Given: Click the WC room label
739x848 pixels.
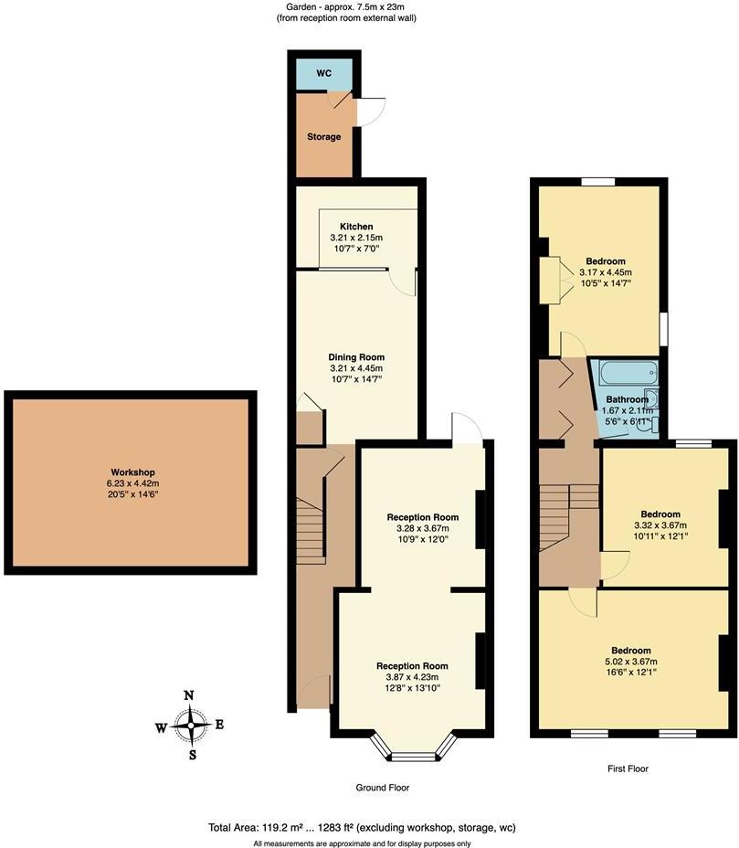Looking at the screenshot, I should pos(324,72).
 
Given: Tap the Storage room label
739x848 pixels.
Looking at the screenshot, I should pos(323,137).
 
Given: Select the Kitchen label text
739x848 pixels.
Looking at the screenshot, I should pos(356,227).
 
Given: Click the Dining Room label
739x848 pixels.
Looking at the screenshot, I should pos(356,357).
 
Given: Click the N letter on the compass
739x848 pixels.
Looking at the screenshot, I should pos(189,696).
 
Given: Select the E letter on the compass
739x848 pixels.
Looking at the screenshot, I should pos(219,726).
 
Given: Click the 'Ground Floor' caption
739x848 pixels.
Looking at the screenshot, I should pos(382,788).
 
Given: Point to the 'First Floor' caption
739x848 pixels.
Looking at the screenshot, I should pos(627,768).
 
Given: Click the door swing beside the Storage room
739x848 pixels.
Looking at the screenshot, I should pos(370,111).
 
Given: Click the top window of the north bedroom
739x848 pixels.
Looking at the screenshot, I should pos(596,182).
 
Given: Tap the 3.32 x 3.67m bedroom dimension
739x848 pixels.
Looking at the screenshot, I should pos(659,525).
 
